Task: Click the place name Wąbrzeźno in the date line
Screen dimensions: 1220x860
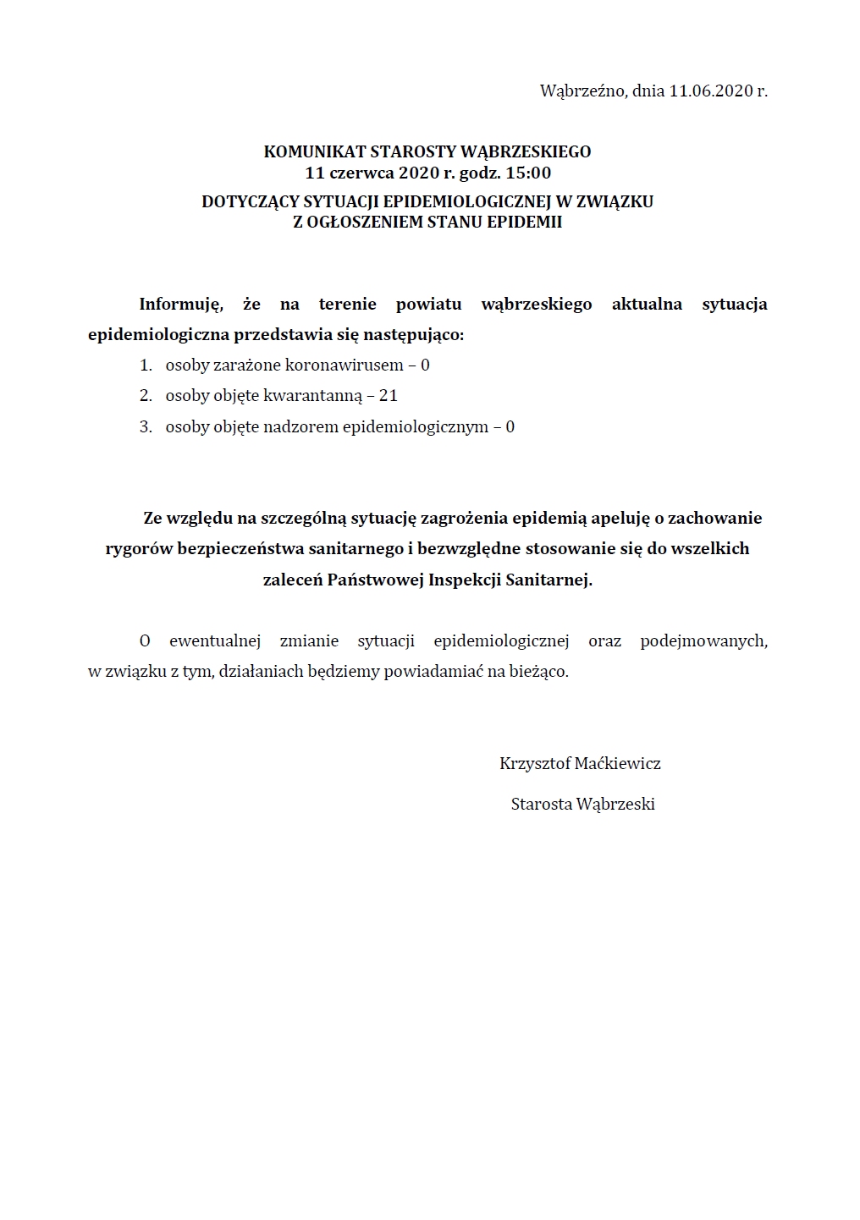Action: [x=582, y=91]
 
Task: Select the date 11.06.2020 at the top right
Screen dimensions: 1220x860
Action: [x=711, y=91]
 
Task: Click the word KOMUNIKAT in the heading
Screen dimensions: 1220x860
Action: [x=315, y=152]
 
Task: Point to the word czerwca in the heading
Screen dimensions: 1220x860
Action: [x=361, y=173]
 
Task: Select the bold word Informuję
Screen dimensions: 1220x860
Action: [x=181, y=305]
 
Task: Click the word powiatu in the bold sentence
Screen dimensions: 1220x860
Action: [x=428, y=305]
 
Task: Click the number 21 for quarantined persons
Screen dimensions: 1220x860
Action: [x=389, y=396]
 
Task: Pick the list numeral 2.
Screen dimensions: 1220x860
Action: [x=146, y=396]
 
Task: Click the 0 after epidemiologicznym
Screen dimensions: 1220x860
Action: [x=510, y=427]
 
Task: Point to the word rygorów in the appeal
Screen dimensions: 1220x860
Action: [x=139, y=549]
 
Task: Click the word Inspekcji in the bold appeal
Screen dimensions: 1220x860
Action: [x=465, y=580]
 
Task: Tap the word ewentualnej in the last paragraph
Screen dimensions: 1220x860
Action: [x=215, y=641]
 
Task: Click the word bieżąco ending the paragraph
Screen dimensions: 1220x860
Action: [x=538, y=672]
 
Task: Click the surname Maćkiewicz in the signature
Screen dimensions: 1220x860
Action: [x=618, y=764]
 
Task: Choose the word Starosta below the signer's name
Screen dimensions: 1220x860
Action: [x=542, y=805]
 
